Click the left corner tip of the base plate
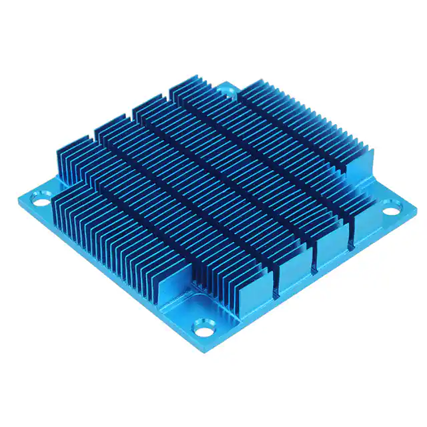pos(16,197)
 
